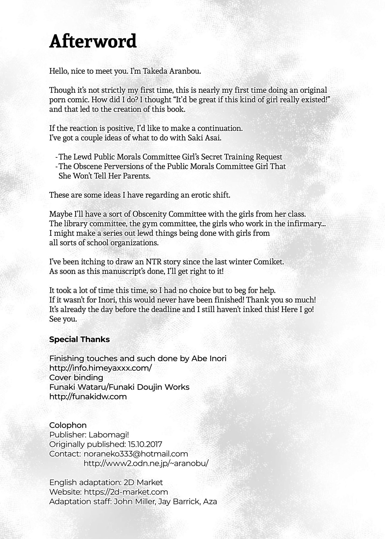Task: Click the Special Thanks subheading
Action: (x=79, y=339)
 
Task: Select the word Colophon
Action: (x=68, y=425)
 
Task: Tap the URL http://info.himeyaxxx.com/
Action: (x=101, y=368)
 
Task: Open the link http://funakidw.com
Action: (x=88, y=396)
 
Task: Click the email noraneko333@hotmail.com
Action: (x=136, y=454)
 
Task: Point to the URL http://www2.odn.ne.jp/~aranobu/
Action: (x=146, y=463)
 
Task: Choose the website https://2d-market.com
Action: (x=126, y=492)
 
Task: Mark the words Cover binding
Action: (x=76, y=377)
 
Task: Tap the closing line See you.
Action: (x=63, y=319)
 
